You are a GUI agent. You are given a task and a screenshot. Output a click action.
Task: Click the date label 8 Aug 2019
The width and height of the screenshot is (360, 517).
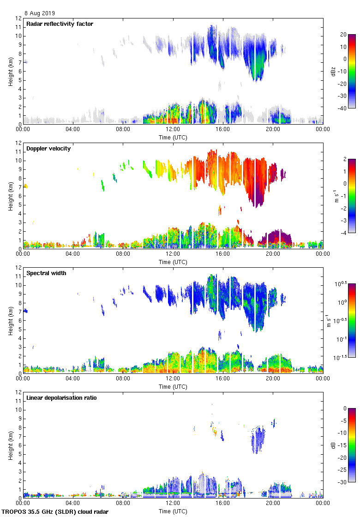pos(39,13)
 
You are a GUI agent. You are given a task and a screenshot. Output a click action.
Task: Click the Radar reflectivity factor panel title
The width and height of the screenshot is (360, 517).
pos(60,24)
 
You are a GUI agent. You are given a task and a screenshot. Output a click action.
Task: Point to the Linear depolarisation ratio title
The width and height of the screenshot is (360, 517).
pos(61,398)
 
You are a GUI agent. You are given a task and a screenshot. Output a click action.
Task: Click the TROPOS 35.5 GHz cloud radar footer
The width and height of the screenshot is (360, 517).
pos(55,512)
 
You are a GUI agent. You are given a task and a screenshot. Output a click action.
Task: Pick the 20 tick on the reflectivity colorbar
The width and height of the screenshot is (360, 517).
pos(343,35)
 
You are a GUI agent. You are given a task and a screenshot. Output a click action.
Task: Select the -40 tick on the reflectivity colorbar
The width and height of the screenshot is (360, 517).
pos(344,108)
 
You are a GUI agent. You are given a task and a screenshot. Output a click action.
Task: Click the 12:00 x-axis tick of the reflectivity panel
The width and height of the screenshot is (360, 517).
pos(173,130)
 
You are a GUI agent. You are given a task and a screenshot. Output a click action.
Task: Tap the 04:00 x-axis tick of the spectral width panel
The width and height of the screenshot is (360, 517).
pos(73,379)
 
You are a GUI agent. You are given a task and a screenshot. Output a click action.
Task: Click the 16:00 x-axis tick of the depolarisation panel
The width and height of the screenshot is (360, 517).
pos(223,504)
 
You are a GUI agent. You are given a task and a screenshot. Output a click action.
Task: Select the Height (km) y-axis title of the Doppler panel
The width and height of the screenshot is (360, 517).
pos(10,196)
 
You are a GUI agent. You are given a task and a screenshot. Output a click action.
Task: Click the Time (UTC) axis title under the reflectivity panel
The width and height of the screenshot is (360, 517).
pos(173,137)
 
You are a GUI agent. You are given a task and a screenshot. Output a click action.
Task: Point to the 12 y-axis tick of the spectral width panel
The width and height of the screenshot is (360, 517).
pos(19,268)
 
